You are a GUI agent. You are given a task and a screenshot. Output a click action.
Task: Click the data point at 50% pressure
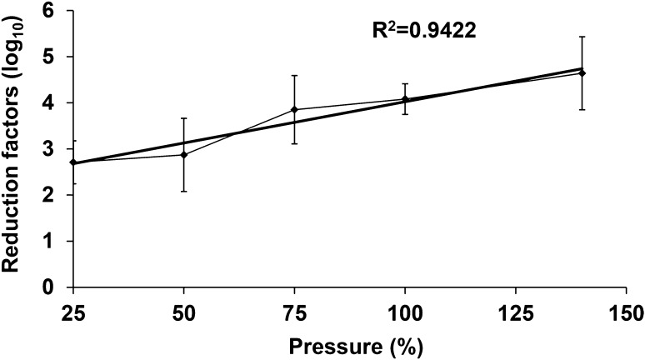pyautogui.click(x=183, y=155)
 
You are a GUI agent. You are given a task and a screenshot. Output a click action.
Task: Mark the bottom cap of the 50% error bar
pyautogui.click(x=183, y=192)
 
